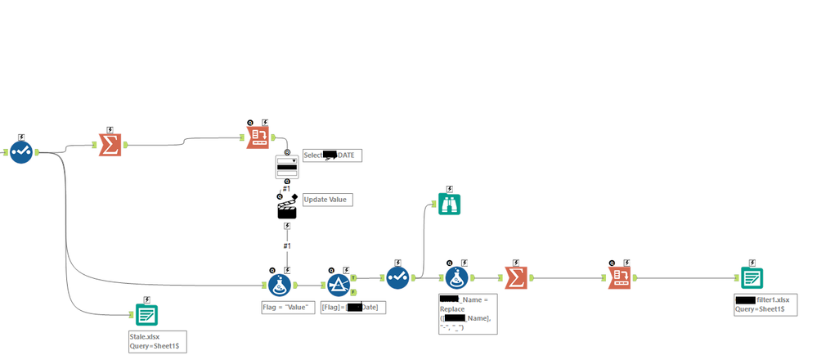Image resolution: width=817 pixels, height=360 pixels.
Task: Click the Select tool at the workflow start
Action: pos(21,151)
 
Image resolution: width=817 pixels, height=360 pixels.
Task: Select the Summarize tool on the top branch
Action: pos(110,146)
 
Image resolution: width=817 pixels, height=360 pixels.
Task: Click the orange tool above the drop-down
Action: pos(258,137)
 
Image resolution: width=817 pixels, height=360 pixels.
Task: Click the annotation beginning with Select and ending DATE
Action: pos(332,155)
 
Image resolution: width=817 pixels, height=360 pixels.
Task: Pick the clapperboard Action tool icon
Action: pos(286,208)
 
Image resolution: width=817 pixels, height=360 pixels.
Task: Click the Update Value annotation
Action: pos(327,199)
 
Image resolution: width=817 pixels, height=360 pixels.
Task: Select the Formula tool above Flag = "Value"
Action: pos(279,285)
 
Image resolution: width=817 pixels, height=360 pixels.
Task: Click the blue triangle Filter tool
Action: pos(339,285)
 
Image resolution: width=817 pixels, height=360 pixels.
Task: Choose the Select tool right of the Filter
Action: pos(397,277)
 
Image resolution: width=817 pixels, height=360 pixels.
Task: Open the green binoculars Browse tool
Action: pos(449,205)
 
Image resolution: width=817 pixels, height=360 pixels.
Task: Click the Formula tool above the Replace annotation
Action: pos(456,278)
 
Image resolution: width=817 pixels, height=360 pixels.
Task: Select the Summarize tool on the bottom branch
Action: pos(515,277)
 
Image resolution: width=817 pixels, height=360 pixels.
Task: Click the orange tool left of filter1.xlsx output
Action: pos(618,277)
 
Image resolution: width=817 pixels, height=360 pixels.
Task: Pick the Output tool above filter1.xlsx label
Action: pos(751,277)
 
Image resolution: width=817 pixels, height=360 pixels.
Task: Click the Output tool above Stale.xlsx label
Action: pos(146,314)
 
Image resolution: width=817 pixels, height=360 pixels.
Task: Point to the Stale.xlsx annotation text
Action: pos(142,335)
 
